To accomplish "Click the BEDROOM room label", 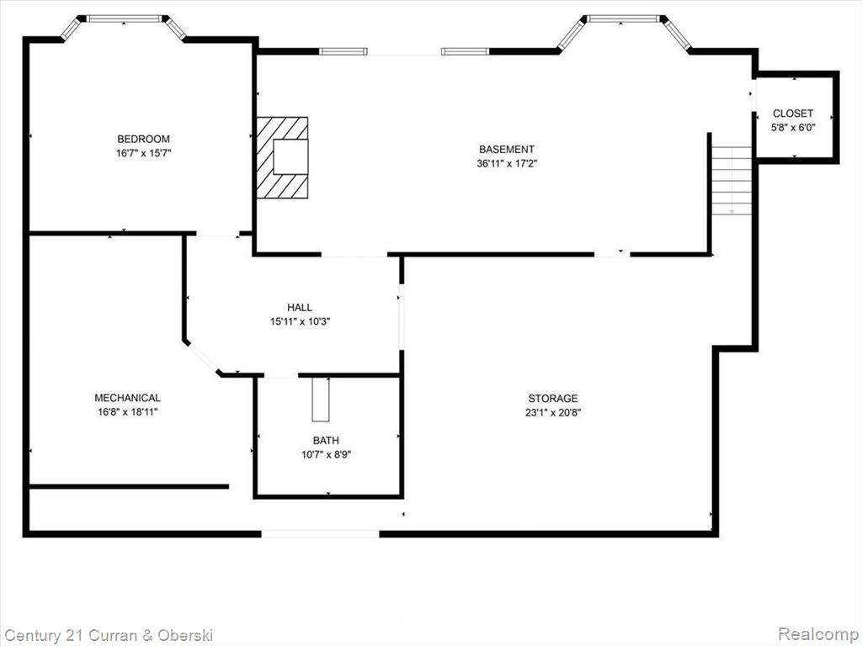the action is point(143,139).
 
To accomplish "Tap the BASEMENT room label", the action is point(506,149).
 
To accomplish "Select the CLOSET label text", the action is point(793,114).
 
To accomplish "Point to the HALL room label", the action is point(300,307).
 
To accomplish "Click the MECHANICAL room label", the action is point(128,398).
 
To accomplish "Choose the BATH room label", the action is point(326,440).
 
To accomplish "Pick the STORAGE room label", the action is point(553,398).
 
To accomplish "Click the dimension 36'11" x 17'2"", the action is point(506,163).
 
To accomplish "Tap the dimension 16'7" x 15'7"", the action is point(143,153).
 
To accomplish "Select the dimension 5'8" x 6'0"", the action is point(793,128).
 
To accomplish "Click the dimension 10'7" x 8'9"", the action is point(326,454).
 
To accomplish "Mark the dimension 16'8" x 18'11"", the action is point(128,412).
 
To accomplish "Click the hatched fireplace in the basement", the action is point(283,157).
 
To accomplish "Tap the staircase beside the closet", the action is point(732,181).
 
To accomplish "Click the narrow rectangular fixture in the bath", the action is point(321,400).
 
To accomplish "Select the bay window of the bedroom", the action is point(123,24).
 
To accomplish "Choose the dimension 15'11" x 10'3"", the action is point(300,321).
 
